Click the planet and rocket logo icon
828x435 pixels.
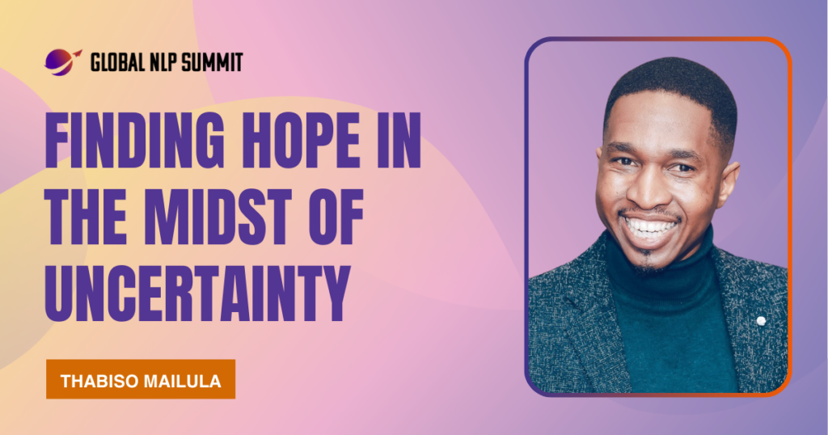coord(63,61)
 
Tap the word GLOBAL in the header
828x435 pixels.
coord(117,62)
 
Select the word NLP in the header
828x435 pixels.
coord(162,62)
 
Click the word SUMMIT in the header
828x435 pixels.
coord(211,62)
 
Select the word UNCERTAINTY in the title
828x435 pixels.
coord(198,294)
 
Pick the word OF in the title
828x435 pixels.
coord(336,217)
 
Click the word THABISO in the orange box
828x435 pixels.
coord(96,381)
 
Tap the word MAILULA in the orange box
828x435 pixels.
coord(179,381)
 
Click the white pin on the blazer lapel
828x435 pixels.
coord(761,320)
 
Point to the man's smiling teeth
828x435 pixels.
coord(649,227)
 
